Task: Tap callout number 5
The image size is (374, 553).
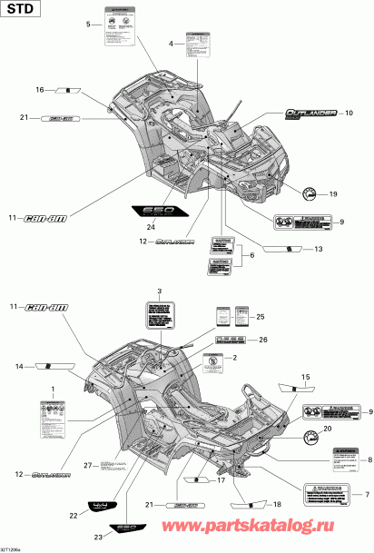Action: coord(88,23)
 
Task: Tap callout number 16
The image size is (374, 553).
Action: coord(40,90)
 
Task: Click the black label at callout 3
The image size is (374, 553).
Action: coord(160,318)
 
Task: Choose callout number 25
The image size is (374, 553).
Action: coord(261,315)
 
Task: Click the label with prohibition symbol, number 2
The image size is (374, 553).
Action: coord(212,361)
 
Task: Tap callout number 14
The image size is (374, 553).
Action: coord(18,366)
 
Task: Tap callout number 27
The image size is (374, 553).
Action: coord(89,466)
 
